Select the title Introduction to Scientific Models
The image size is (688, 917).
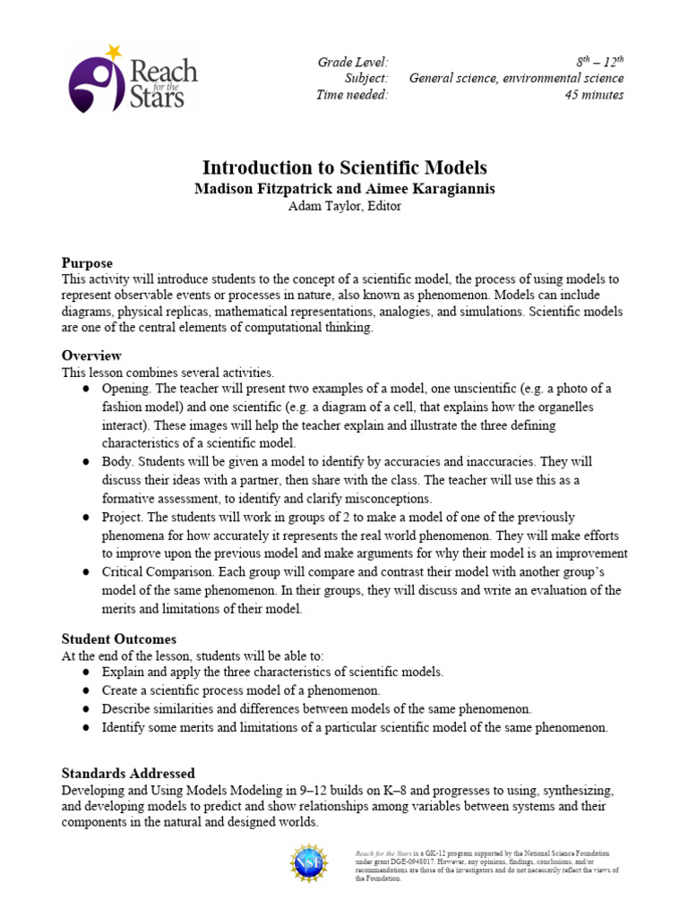tap(344, 167)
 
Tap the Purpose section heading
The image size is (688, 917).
tap(87, 263)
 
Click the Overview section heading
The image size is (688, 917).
tap(90, 356)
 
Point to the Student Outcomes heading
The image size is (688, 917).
tap(118, 639)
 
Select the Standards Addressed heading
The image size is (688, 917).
tap(128, 773)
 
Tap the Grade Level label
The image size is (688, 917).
tap(353, 62)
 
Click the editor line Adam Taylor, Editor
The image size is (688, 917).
tap(344, 205)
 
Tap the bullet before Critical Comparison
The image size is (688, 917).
tap(85, 572)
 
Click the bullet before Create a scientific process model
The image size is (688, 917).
tap(85, 690)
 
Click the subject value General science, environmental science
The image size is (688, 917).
tap(516, 78)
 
